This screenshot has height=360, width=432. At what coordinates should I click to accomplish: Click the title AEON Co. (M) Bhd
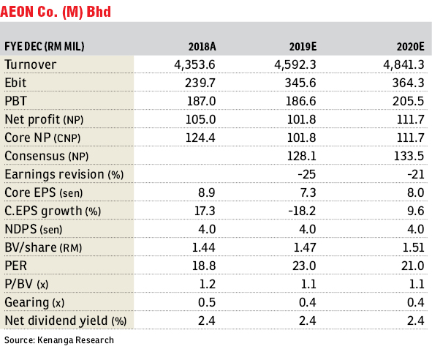[x=56, y=12]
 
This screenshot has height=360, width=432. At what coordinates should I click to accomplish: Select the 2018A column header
[x=202, y=47]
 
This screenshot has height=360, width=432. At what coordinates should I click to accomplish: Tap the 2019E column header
[x=303, y=47]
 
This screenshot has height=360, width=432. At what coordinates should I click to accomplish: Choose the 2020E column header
[x=410, y=47]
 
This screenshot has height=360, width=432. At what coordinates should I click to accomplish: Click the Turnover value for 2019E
[x=295, y=65]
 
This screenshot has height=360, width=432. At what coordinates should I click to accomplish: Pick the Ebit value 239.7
[x=200, y=83]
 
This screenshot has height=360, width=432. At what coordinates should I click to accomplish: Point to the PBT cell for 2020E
[x=408, y=101]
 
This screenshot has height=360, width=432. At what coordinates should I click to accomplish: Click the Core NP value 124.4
[x=200, y=138]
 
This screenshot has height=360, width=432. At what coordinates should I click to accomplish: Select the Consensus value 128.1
[x=301, y=156]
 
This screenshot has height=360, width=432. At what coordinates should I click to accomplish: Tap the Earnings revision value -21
[x=416, y=174]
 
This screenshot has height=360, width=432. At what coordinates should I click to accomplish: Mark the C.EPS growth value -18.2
[x=302, y=211]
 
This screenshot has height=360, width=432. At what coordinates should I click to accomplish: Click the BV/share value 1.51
[x=413, y=247]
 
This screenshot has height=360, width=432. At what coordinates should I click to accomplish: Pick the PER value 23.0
[x=304, y=266]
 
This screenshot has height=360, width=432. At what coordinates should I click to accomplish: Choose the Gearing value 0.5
[x=207, y=302]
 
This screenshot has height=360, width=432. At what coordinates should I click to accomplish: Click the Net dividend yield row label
[x=66, y=320]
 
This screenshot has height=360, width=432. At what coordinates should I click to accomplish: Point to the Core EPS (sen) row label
[x=44, y=192]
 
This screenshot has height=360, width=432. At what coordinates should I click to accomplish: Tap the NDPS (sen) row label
[x=34, y=229]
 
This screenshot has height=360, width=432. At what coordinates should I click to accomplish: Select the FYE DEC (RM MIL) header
[x=45, y=47]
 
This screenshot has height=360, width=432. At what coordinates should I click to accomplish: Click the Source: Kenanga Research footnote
[x=59, y=340]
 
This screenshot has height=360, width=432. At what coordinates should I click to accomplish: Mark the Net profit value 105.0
[x=200, y=119]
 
